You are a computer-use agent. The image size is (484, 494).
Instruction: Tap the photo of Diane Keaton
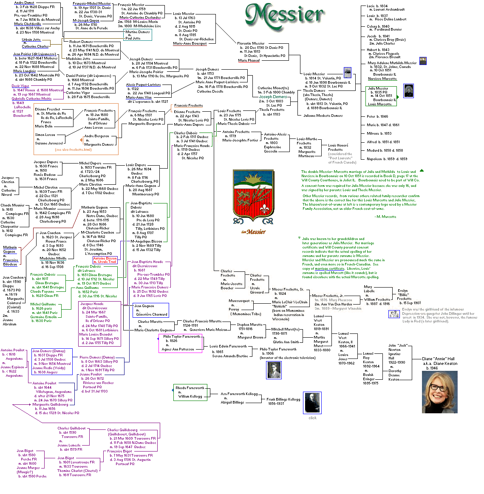(x=439, y=392)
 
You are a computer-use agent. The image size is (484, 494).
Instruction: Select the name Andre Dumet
(x=24, y=3)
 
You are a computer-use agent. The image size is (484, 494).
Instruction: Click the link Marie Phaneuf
(x=249, y=60)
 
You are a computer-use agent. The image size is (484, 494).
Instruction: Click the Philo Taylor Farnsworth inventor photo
(x=274, y=370)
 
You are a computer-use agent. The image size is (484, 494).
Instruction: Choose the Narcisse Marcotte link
(x=382, y=79)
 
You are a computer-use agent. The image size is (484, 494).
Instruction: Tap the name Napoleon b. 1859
(x=380, y=159)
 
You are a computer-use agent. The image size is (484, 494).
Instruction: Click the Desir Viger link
(x=20, y=86)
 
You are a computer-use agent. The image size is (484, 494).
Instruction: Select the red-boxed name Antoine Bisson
(x=105, y=258)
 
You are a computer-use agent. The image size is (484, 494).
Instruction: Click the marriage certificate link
(x=329, y=269)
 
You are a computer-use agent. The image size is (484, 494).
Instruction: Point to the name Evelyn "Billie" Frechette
(x=404, y=295)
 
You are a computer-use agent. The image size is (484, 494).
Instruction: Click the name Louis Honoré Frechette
(x=338, y=147)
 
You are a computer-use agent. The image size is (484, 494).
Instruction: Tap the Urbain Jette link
(x=31, y=40)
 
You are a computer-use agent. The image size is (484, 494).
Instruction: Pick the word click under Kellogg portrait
(x=312, y=418)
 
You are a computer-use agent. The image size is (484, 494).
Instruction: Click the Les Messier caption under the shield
(x=253, y=232)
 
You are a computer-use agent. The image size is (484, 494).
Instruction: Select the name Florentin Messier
(x=251, y=43)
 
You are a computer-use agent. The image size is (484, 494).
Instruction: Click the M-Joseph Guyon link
(x=86, y=20)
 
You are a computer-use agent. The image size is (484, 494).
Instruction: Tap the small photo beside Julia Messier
(x=408, y=90)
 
